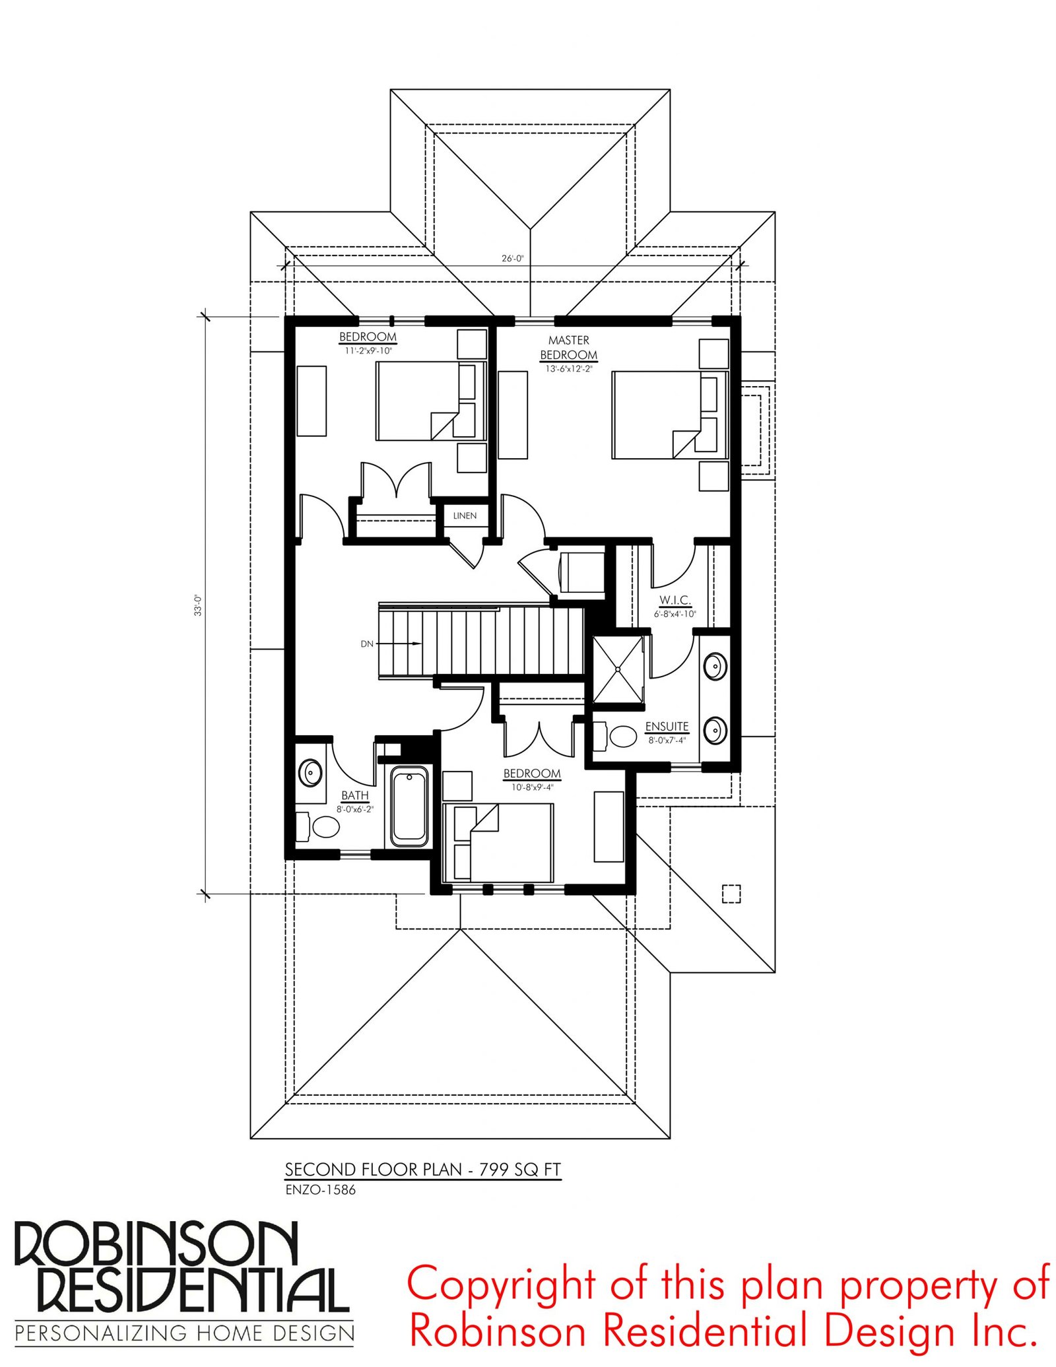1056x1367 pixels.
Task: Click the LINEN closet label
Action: pos(465,516)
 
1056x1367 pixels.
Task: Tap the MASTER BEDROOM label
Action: pos(568,347)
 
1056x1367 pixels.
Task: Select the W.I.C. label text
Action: pos(675,600)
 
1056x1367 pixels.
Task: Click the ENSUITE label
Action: pos(667,726)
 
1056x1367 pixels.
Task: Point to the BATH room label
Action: pos(355,795)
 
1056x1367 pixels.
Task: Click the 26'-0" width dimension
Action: pos(512,258)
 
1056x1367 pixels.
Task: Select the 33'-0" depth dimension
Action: pos(197,605)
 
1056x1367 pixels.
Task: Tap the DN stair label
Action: pos(367,644)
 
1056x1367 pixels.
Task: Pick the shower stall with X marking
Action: pos(618,669)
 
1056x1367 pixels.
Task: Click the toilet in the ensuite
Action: pos(615,736)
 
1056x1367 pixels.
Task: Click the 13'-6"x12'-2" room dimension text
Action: pos(568,369)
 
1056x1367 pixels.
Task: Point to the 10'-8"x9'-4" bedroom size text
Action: pos(532,787)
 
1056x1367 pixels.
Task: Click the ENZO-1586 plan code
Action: pos(320,1189)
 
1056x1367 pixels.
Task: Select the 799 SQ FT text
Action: pos(520,1169)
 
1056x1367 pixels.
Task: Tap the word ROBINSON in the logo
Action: pos(156,1243)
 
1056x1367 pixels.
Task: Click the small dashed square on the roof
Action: pos(731,893)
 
